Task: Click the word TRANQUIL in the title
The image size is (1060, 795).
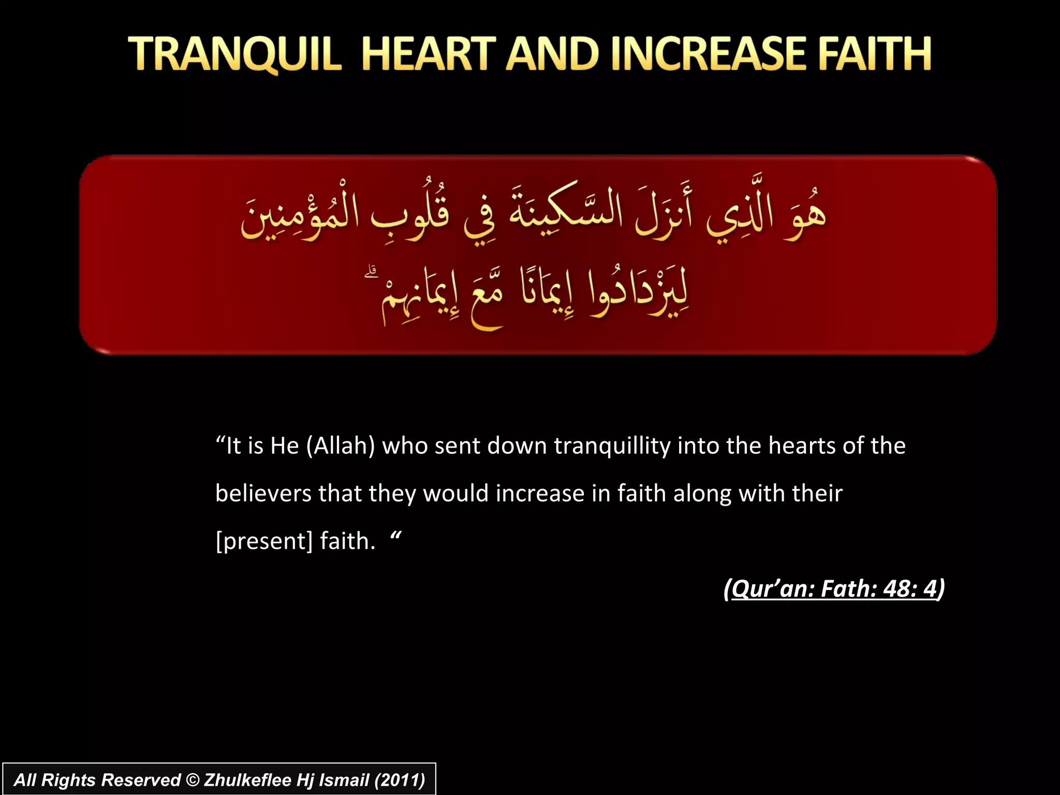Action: tap(235, 54)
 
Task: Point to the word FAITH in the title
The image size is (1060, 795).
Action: tap(875, 54)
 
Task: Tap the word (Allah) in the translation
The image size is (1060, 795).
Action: tap(341, 446)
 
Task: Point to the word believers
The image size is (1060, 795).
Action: tap(263, 493)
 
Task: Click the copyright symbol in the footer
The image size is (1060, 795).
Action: tap(193, 780)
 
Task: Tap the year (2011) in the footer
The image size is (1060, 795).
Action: tap(400, 780)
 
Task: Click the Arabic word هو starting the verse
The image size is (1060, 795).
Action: tap(805, 217)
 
